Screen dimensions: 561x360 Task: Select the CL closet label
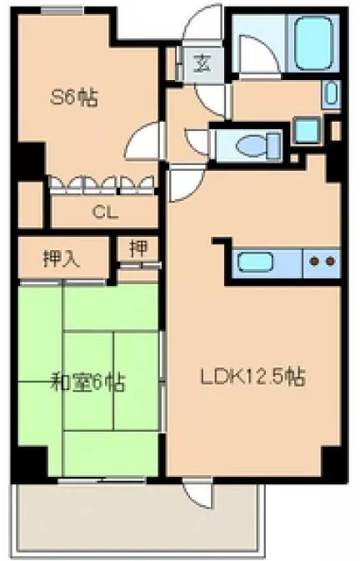103,211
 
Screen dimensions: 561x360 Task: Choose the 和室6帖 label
87,383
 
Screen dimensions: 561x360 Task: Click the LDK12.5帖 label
251,378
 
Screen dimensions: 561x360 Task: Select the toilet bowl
251,147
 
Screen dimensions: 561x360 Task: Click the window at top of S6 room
56,10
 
